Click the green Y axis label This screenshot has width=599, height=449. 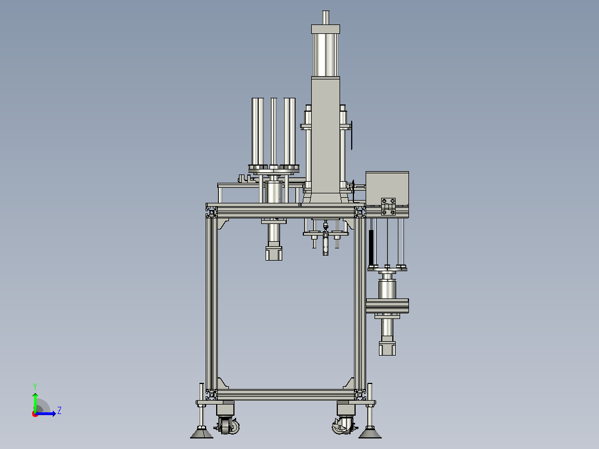(35, 386)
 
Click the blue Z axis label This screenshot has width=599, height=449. (59, 411)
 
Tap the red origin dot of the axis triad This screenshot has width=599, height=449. (35, 414)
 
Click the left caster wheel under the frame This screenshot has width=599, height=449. (228, 426)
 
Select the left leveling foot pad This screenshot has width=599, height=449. (202, 433)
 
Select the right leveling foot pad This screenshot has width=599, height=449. (370, 433)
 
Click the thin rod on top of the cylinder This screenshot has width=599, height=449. (326, 18)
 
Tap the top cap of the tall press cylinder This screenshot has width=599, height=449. (326, 29)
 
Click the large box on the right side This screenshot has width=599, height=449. (387, 188)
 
